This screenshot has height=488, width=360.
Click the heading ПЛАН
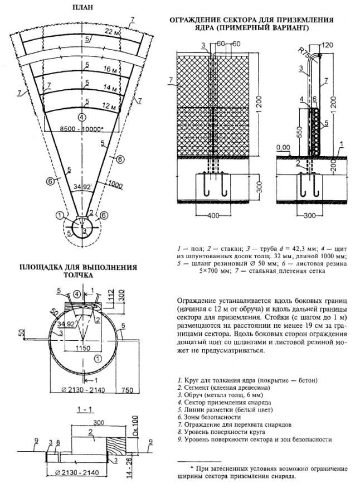[82, 8]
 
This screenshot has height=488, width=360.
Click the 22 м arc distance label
[112, 32]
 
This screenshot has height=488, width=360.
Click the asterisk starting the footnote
[192, 466]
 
